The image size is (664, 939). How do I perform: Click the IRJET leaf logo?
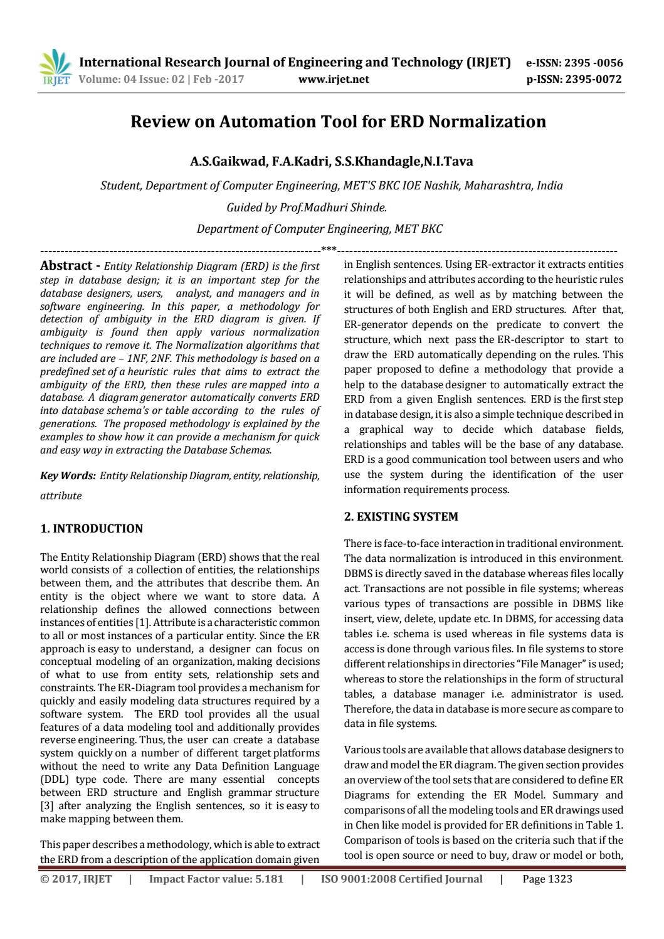click(x=56, y=66)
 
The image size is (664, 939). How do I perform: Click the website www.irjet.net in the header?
click(x=334, y=79)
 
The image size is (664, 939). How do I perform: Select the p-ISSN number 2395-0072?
click(x=593, y=79)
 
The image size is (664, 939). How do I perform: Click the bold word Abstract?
click(x=66, y=265)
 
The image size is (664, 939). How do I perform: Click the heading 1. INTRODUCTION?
click(x=92, y=529)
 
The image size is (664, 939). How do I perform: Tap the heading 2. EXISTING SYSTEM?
click(x=401, y=517)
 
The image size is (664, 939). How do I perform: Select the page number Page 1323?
click(x=547, y=879)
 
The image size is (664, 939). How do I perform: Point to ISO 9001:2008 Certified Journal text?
click(x=401, y=879)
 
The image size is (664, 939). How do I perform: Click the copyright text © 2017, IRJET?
click(x=76, y=879)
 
